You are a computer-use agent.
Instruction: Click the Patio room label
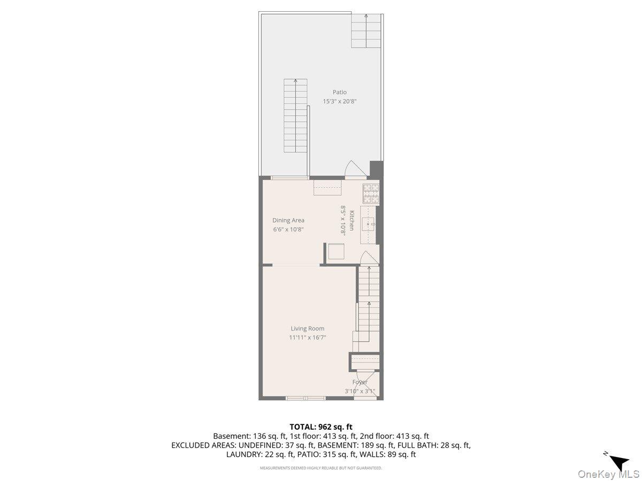pos(339,92)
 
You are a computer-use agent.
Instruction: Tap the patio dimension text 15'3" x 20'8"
pos(339,102)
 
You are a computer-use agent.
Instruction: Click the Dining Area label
pos(288,220)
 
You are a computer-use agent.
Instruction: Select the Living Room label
pos(307,329)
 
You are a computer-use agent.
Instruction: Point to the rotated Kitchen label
pos(352,220)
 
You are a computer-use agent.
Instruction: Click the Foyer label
pos(360,382)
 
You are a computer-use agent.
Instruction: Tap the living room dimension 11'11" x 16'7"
pos(307,338)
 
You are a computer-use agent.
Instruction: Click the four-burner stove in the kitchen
pos(371,193)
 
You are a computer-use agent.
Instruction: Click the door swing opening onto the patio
pos(356,169)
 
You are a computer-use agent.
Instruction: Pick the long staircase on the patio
pos(295,115)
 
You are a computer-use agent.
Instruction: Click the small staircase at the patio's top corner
pos(366,31)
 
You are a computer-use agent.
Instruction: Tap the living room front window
pos(305,398)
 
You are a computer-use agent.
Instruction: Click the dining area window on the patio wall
pos(289,178)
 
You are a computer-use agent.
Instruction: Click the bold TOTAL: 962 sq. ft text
pos(321,427)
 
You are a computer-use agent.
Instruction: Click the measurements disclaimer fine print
pos(321,468)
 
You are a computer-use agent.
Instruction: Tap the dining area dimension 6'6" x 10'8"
pos(288,230)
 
